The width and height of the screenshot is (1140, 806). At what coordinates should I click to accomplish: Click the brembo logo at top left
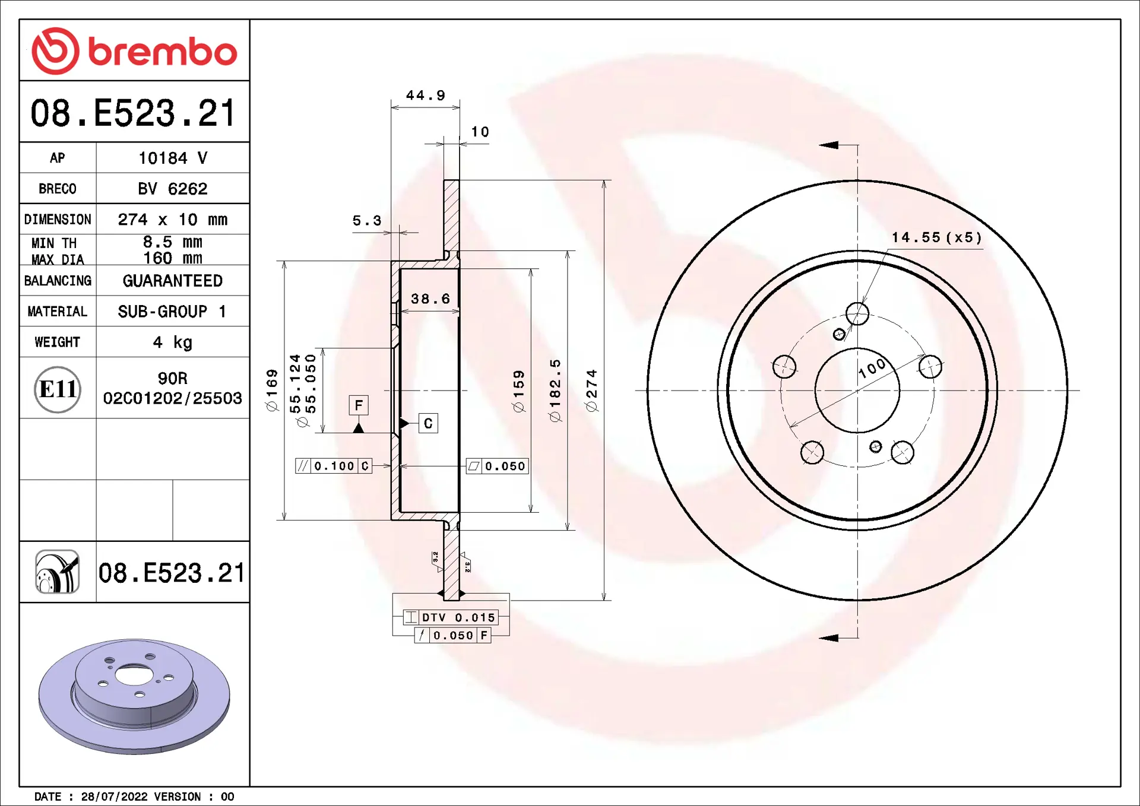click(x=134, y=51)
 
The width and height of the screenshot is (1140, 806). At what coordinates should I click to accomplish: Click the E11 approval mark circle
click(x=58, y=389)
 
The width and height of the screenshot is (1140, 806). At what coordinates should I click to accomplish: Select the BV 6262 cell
click(x=172, y=189)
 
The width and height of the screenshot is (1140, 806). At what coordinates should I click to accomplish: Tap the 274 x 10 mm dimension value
click(x=172, y=220)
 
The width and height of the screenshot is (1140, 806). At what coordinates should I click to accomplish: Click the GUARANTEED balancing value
click(x=172, y=281)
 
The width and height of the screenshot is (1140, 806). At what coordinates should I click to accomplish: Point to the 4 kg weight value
click(x=172, y=342)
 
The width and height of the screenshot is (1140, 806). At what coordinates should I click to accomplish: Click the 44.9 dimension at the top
click(x=425, y=96)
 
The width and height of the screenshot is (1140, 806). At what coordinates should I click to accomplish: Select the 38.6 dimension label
click(x=430, y=299)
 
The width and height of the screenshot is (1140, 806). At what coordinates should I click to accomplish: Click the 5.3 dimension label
click(x=366, y=221)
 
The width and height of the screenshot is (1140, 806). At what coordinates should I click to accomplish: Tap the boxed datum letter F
click(x=359, y=405)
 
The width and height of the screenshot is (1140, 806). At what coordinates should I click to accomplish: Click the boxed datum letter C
click(x=428, y=424)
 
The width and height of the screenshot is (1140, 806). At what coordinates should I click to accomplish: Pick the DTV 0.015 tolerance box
click(x=451, y=617)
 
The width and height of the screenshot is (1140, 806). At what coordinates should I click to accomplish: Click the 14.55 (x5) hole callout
click(x=936, y=237)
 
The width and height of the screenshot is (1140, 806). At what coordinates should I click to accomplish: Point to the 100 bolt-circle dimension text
click(x=872, y=369)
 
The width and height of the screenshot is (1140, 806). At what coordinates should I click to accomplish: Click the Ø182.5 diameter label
click(x=555, y=390)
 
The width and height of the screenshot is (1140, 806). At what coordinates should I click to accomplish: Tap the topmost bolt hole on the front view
click(x=857, y=313)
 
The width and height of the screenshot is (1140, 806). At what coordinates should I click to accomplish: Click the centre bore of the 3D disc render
click(x=134, y=675)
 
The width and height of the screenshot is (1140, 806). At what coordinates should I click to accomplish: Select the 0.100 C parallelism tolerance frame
click(x=334, y=466)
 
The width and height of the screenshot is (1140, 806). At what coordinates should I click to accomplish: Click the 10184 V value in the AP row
click(x=172, y=158)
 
